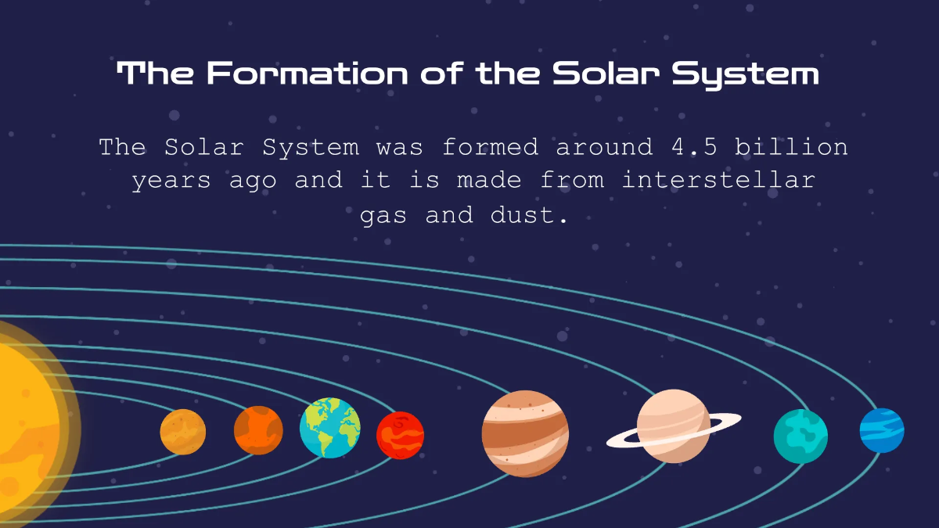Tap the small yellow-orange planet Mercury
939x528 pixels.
tap(183, 432)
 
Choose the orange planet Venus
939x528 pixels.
tap(258, 430)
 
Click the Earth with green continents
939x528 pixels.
tap(329, 428)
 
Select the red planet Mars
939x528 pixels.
tap(400, 435)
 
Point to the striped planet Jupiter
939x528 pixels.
tap(525, 433)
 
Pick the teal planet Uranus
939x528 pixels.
tap(800, 436)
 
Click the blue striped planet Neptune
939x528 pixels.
tap(882, 430)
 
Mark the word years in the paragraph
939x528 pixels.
tap(171, 181)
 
